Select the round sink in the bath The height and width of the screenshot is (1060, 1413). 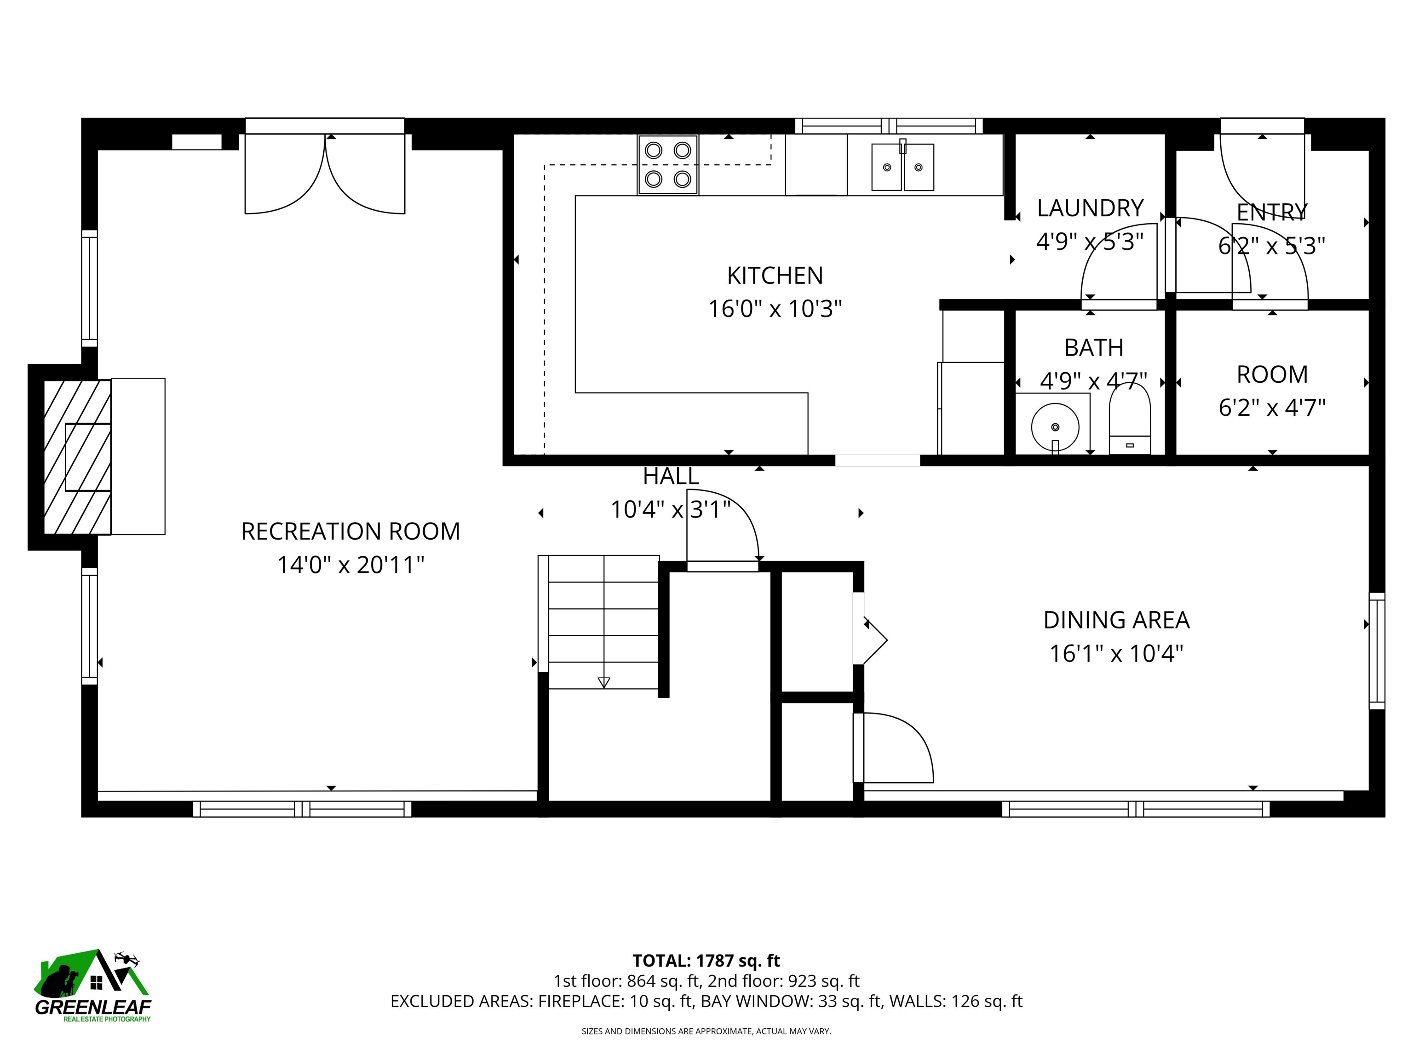(1055, 426)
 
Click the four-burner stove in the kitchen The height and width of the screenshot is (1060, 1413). (667, 165)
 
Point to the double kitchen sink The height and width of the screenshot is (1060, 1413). (902, 167)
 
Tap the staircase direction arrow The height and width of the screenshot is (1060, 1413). (603, 682)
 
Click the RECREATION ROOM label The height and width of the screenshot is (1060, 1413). (350, 531)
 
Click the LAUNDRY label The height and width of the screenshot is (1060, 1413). (1090, 208)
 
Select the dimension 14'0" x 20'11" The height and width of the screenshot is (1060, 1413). (350, 565)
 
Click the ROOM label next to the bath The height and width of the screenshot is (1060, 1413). (1272, 374)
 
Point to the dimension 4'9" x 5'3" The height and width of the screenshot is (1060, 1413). (1089, 242)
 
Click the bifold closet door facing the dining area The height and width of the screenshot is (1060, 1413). (873, 639)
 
